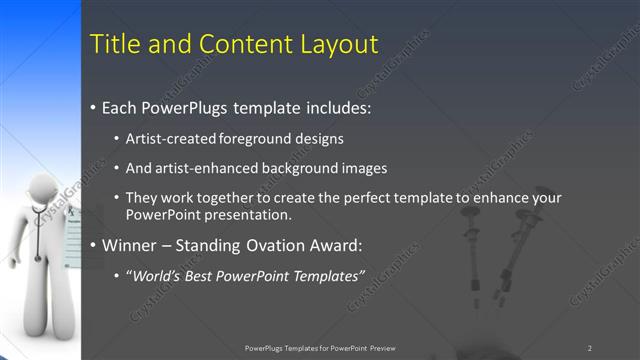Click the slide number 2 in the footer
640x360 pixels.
click(x=590, y=348)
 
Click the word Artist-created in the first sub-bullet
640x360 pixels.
click(x=165, y=139)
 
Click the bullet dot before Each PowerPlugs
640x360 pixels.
click(x=93, y=105)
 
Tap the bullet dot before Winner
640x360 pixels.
click(x=93, y=244)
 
